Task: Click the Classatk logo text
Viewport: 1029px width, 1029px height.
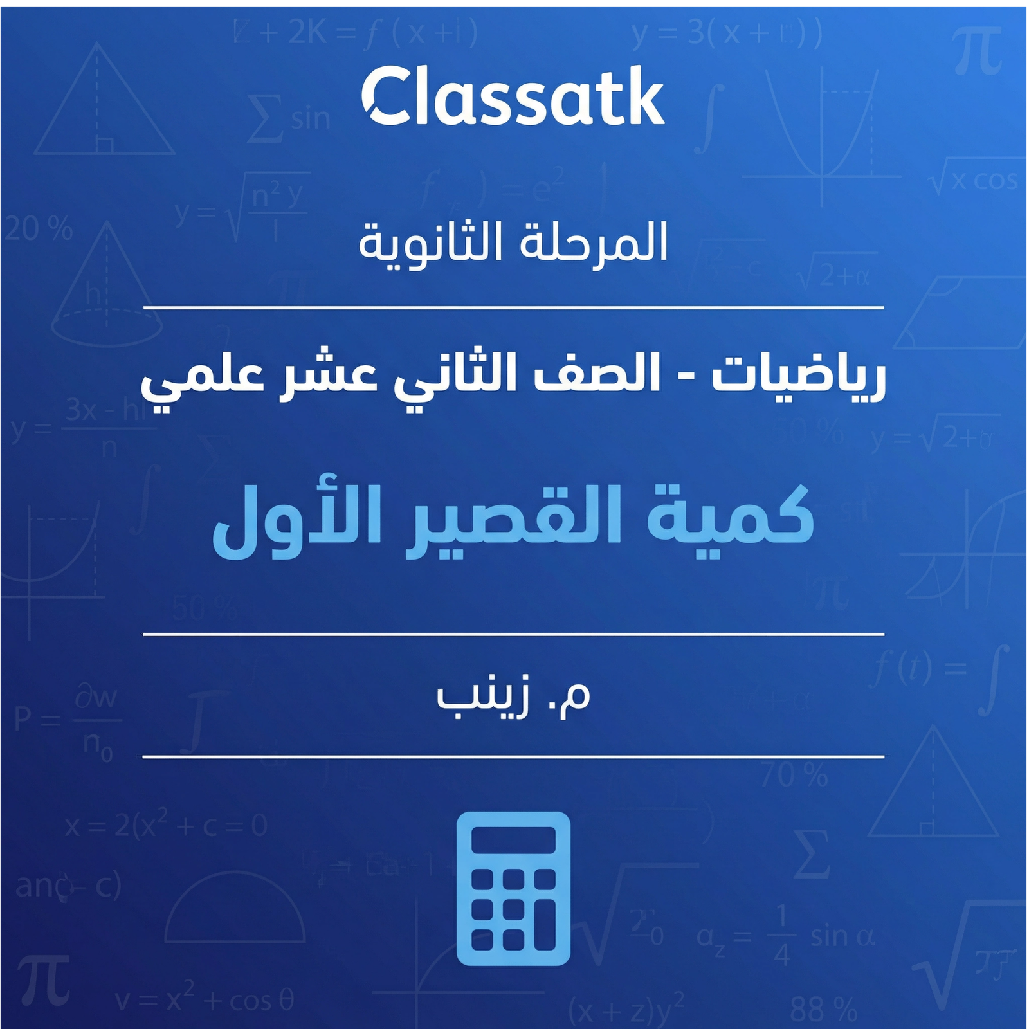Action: point(513,98)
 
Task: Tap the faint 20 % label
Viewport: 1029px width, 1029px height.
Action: point(39,230)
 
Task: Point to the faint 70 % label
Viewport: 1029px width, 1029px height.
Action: point(795,776)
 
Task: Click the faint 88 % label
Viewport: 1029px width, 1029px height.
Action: point(824,1009)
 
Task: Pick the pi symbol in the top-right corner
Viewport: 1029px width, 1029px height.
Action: point(978,51)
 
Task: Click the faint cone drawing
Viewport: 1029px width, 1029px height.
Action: point(106,289)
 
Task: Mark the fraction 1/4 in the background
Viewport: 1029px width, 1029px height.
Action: point(781,936)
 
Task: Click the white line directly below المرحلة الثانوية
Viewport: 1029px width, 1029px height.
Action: point(513,308)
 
